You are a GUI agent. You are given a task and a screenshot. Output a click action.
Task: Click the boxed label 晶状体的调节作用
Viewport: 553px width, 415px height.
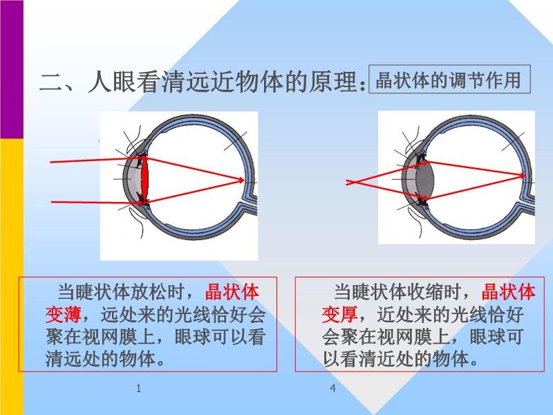(x=449, y=79)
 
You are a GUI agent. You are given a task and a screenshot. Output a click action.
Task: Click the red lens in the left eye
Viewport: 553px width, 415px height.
(x=144, y=180)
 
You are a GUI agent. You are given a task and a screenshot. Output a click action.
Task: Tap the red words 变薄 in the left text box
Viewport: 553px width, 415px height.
(x=64, y=314)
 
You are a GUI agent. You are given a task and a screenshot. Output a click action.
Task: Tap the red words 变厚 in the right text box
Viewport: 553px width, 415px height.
(x=339, y=314)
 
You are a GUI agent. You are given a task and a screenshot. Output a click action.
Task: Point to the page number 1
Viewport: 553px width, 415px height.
(x=139, y=389)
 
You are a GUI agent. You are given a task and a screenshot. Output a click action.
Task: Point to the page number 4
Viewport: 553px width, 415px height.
(x=333, y=389)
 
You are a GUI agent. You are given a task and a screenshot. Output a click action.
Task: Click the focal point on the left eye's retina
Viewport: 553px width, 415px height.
(x=243, y=181)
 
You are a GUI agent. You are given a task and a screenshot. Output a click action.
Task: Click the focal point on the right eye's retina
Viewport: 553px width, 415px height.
(x=524, y=176)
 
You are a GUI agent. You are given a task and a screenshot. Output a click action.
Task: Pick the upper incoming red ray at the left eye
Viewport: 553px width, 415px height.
(x=97, y=160)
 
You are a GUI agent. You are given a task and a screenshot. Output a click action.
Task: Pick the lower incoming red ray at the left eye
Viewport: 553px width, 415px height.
(x=97, y=203)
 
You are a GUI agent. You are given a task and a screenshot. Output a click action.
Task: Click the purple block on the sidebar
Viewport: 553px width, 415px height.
(x=12, y=69)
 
